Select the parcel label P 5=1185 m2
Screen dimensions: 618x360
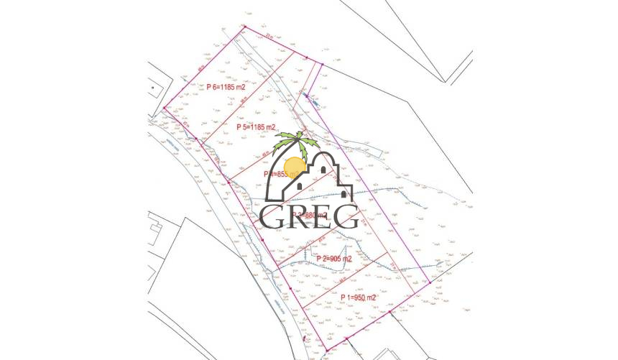[x=257, y=127]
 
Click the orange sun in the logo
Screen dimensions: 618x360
[x=295, y=167]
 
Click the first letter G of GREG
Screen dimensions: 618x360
[x=274, y=216]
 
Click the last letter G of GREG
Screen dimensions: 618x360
[x=345, y=216]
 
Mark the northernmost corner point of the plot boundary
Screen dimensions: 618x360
[x=245, y=27]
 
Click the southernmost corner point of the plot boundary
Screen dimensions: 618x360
[x=325, y=351]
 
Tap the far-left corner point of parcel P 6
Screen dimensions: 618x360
[x=165, y=109]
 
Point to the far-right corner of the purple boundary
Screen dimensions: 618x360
[x=430, y=282]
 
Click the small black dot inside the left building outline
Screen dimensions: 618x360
[x=153, y=88]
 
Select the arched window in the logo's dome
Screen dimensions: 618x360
[x=323, y=170]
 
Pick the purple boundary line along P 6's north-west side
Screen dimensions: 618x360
[x=205, y=68]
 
